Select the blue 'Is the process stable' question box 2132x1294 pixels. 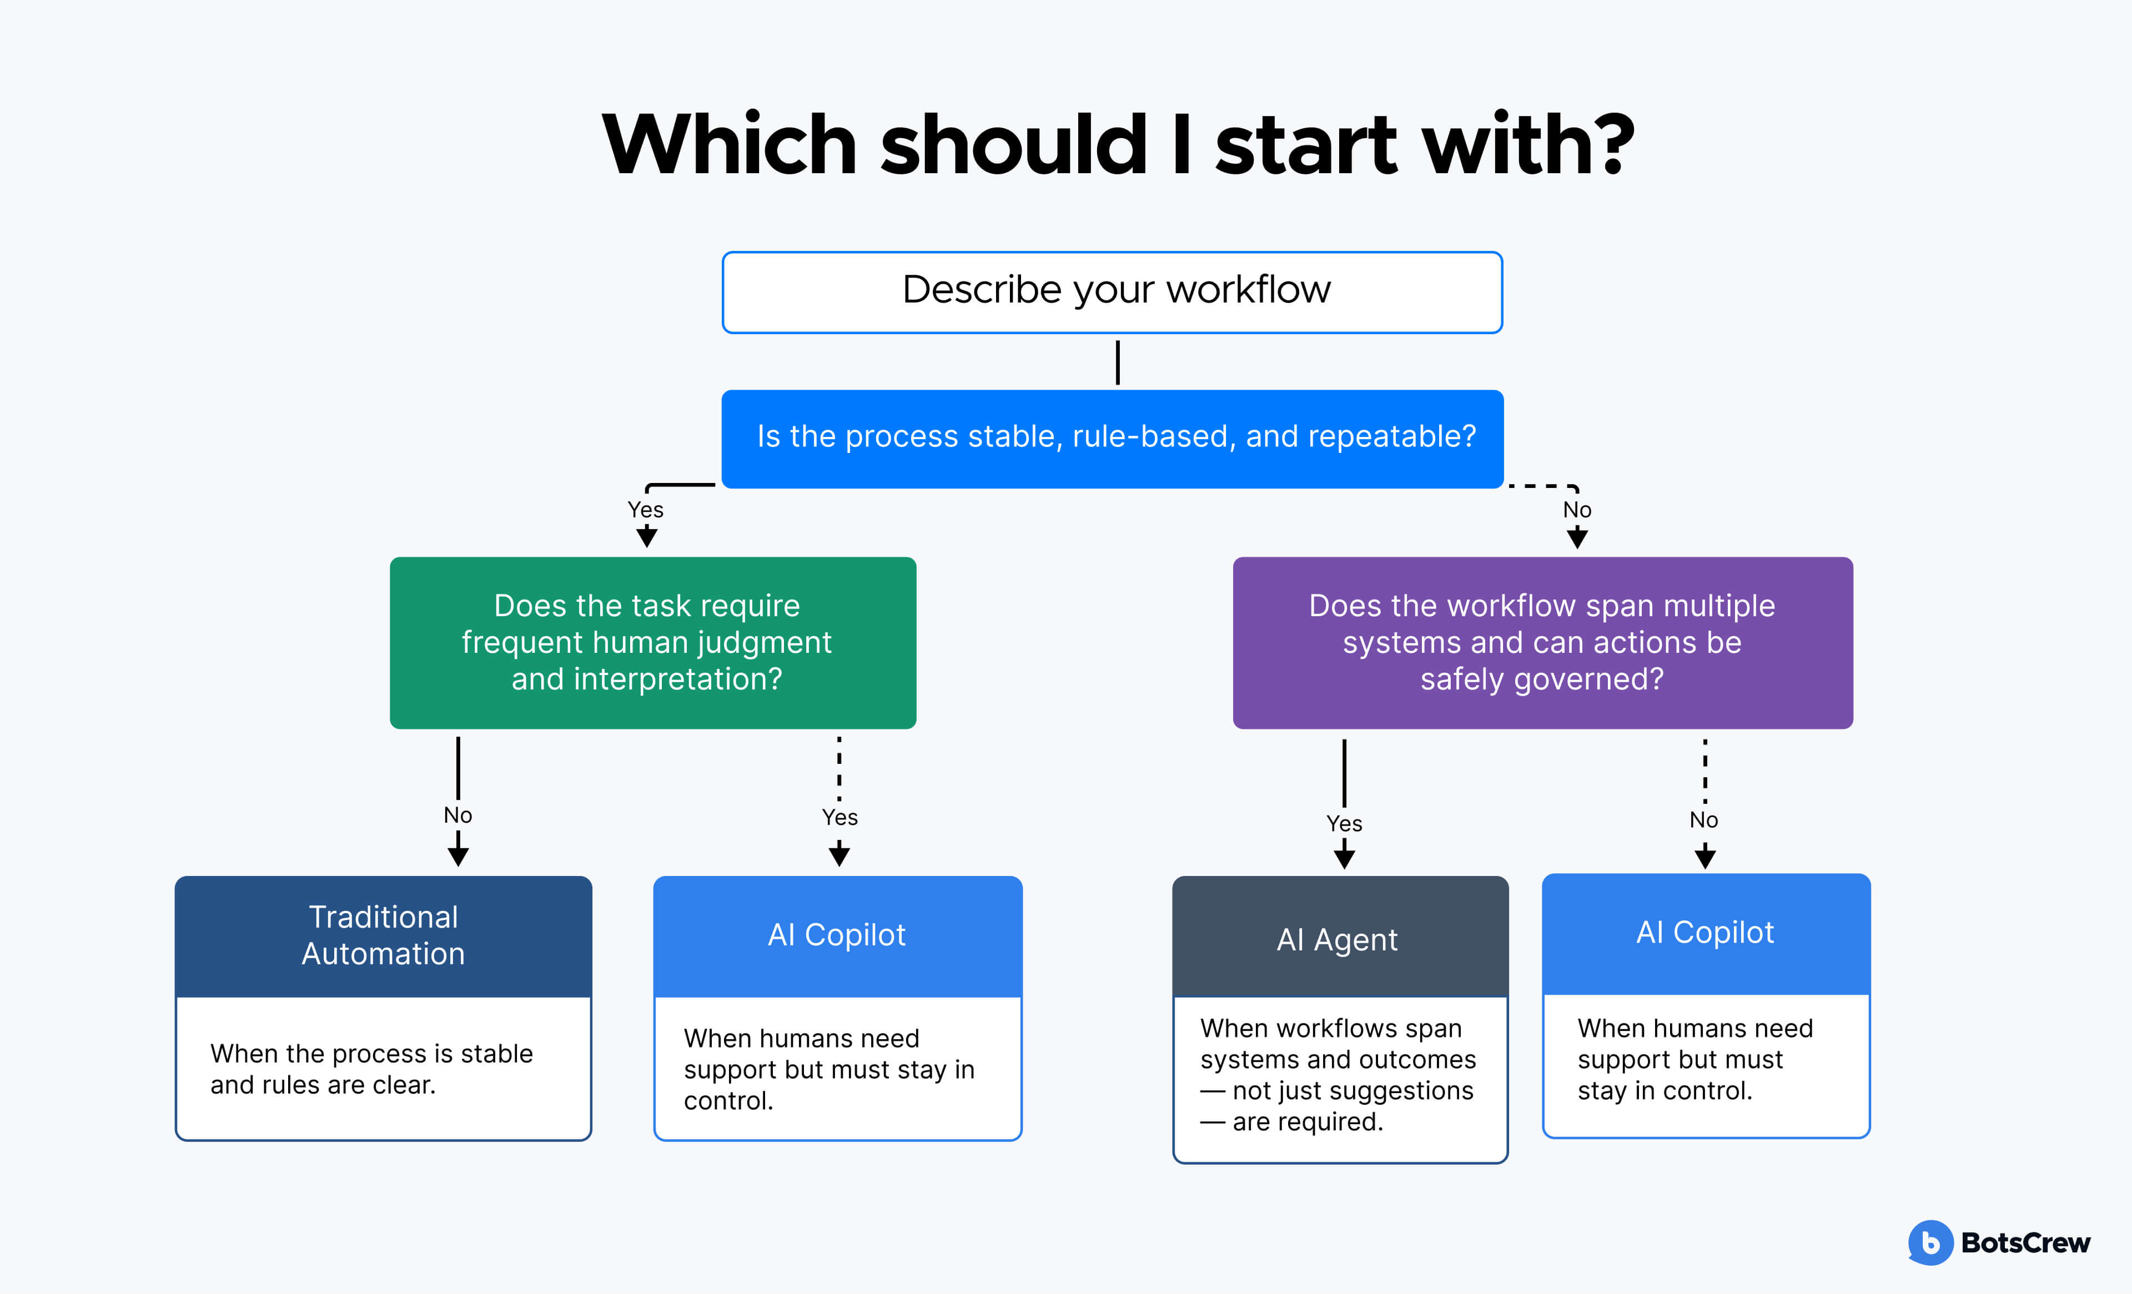pos(1112,439)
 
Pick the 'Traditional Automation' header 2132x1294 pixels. pos(383,936)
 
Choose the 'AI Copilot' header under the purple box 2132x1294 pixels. pos(1706,933)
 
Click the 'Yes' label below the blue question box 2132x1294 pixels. pos(646,510)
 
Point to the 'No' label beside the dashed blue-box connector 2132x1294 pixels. pos(1576,510)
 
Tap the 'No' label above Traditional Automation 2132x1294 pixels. pos(457,815)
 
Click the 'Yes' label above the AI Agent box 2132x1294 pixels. pos(1344,823)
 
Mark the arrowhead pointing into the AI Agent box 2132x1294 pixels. pos(1344,858)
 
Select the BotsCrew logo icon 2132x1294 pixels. pos(1929,1242)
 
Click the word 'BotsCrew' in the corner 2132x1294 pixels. pos(2025,1243)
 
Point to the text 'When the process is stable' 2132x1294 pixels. pos(371,1054)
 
